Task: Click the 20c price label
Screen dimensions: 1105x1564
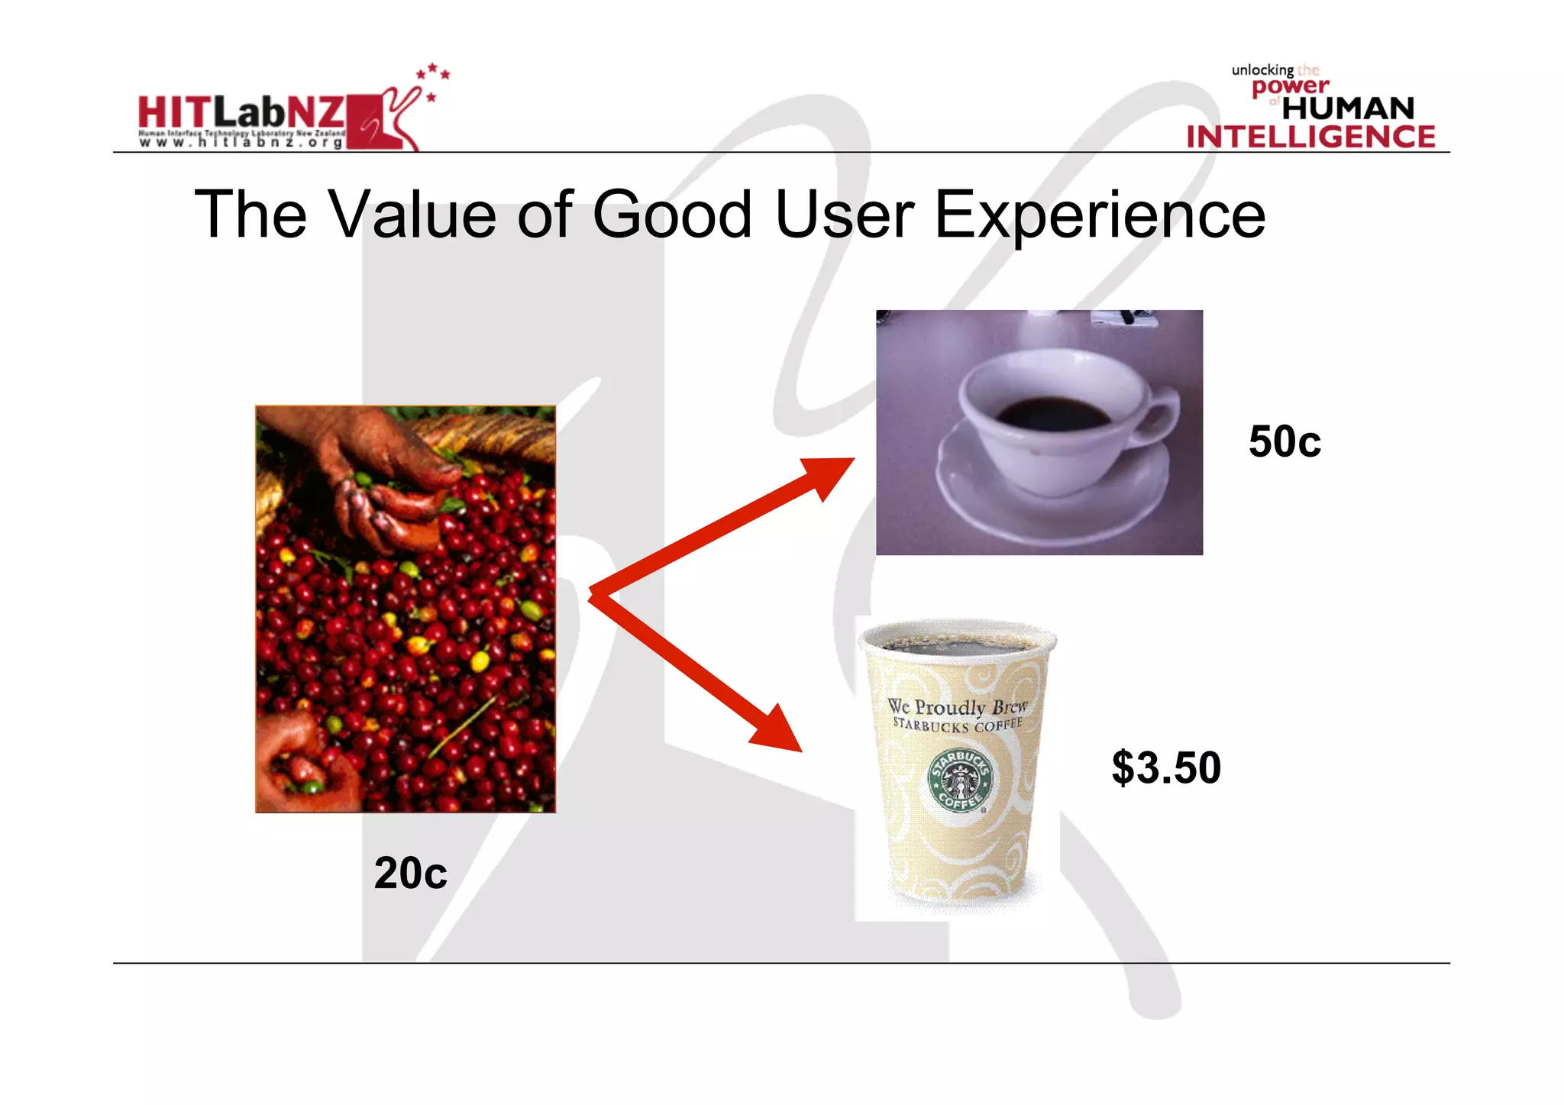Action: point(410,873)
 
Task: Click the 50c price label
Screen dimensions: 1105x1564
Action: point(1284,441)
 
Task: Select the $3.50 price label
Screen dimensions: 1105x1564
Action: point(1166,767)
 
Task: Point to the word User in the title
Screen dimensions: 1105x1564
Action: point(844,215)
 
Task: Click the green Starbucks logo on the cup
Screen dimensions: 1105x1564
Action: point(961,780)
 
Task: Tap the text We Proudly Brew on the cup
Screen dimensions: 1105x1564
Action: point(957,706)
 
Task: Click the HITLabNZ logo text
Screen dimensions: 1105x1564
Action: point(241,112)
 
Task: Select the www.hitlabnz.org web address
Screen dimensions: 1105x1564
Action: point(241,142)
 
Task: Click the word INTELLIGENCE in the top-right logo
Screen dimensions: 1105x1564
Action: point(1310,137)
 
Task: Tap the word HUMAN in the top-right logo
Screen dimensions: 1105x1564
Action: point(1348,108)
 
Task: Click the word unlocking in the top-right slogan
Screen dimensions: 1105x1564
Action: point(1262,70)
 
